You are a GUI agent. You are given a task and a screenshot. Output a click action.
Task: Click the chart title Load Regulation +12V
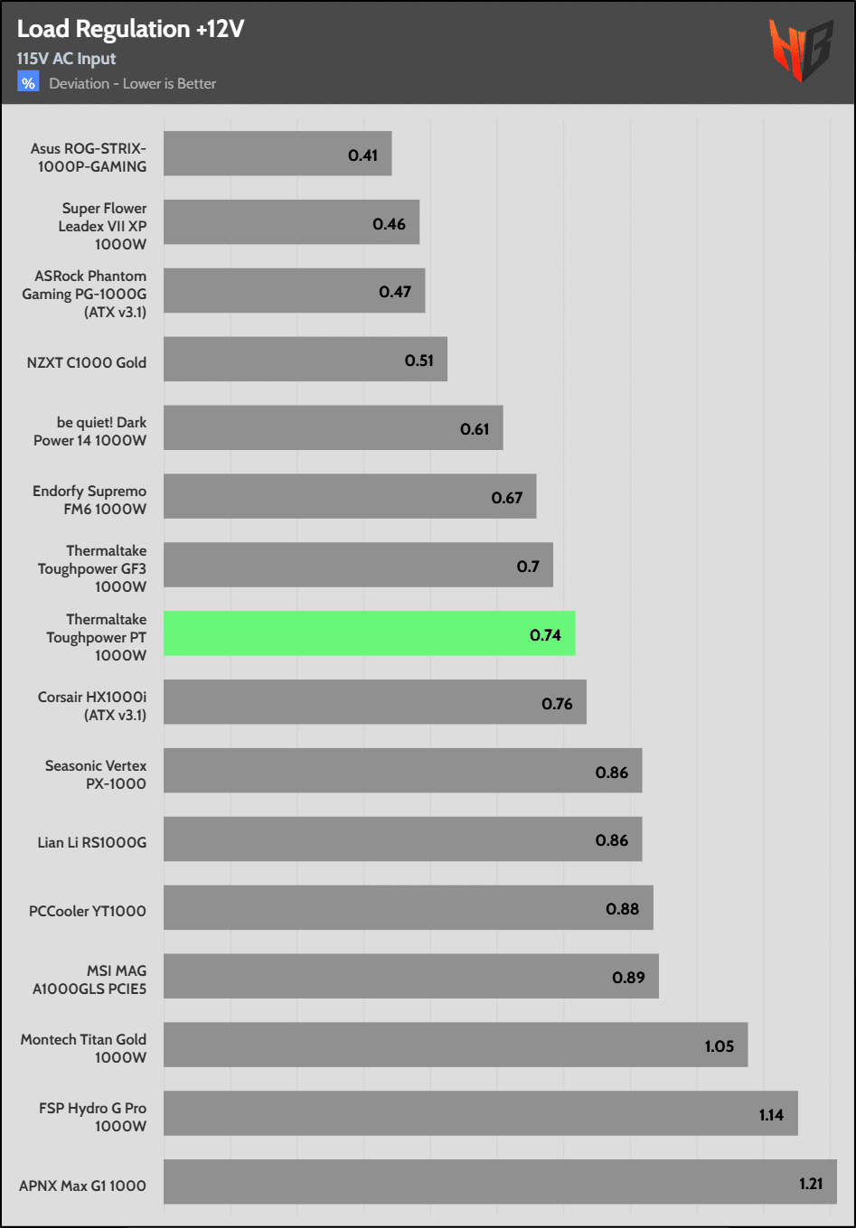coord(130,29)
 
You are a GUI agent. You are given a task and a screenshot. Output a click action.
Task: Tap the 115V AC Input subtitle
coord(66,59)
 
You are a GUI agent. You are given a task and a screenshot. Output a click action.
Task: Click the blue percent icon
coord(28,83)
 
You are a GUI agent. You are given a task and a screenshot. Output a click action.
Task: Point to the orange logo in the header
coord(800,50)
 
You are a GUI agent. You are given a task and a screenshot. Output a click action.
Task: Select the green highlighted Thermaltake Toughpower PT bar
coord(369,633)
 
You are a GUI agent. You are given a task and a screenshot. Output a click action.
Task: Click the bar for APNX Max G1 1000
coord(500,1182)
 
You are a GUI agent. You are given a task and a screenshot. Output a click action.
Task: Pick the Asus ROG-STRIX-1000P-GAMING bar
coord(277,154)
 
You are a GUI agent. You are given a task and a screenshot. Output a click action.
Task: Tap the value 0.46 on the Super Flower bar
coord(389,224)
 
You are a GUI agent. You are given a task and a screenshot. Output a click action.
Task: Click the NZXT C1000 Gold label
coord(87,362)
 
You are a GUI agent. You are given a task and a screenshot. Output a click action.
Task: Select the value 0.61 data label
coord(475,429)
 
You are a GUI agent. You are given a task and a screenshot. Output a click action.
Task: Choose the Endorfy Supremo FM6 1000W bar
coord(350,496)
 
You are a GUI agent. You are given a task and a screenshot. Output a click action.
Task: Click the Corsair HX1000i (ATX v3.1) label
coord(92,706)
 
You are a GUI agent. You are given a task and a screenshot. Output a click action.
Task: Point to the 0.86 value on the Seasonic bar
coord(611,773)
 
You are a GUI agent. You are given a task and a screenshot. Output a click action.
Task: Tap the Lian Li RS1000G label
coord(91,842)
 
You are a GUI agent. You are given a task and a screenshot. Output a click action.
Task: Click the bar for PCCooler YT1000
coord(408,907)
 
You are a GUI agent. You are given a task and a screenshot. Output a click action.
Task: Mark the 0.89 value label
coord(628,978)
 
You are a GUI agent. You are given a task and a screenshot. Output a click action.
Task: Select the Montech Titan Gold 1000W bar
coord(456,1045)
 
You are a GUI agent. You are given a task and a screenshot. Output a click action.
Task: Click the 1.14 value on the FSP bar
coord(771,1115)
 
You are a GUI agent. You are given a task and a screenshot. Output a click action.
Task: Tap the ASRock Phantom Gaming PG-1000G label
coord(85,294)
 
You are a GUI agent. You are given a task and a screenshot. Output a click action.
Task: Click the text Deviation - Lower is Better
coord(133,84)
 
